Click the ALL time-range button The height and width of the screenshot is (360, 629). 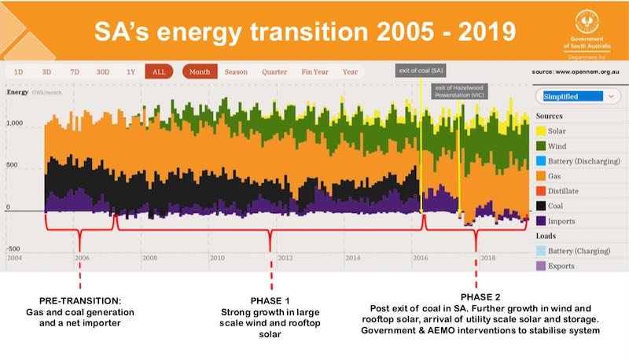pyautogui.click(x=159, y=72)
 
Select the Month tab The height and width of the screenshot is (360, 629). pyautogui.click(x=200, y=72)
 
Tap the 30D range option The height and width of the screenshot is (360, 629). pyautogui.click(x=103, y=72)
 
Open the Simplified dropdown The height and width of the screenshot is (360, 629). pyautogui.click(x=573, y=96)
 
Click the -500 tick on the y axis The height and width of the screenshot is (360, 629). pyautogui.click(x=16, y=248)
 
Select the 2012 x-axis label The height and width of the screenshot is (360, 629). pyautogui.click(x=285, y=257)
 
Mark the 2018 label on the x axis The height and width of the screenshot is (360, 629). pyautogui.click(x=487, y=257)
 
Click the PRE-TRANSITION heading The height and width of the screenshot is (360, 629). pyautogui.click(x=79, y=301)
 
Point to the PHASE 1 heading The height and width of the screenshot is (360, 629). pyautogui.click(x=270, y=301)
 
